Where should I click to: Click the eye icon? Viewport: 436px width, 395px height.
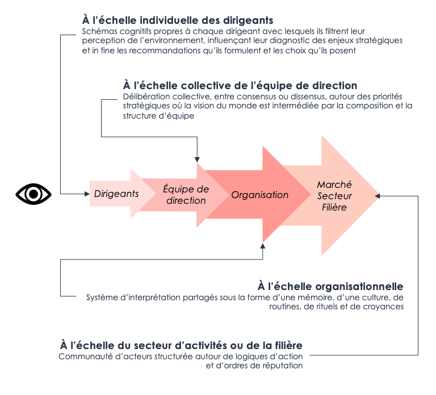pos(33,194)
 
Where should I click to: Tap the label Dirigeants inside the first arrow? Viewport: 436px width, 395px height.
pos(116,194)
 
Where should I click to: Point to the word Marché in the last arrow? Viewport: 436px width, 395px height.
pos(334,184)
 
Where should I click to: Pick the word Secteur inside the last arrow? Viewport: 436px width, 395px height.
pos(335,196)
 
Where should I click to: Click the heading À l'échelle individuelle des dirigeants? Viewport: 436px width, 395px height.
pos(178,21)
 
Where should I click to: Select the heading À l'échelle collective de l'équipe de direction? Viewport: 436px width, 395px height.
pos(240,86)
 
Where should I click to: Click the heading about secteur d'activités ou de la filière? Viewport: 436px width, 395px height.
pos(181,345)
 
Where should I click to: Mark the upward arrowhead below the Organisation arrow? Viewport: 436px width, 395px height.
pos(262,246)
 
